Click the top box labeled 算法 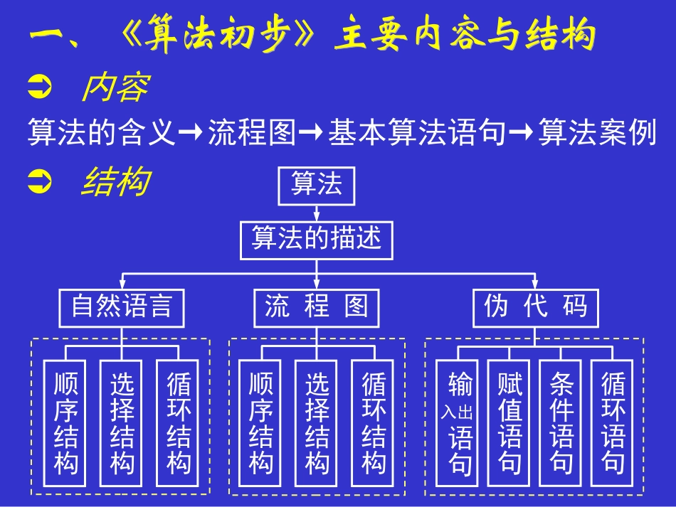(315, 184)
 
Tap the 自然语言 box (121, 307)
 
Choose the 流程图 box (317, 307)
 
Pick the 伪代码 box (536, 307)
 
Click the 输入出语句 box (456, 424)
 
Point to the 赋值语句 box (509, 424)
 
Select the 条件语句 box (561, 424)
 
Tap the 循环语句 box (613, 424)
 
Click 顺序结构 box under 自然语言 (65, 424)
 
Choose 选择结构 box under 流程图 (317, 424)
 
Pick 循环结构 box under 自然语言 (178, 424)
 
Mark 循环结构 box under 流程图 (373, 424)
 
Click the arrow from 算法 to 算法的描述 (316, 212)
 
